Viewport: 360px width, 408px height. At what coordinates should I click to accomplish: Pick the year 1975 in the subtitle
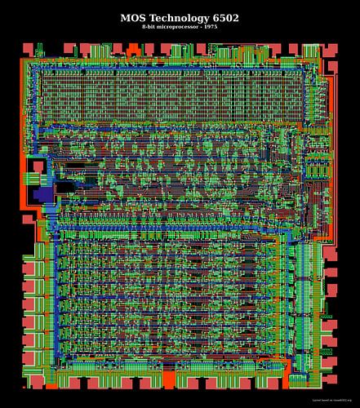[213, 28]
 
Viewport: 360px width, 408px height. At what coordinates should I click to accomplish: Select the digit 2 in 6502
[237, 17]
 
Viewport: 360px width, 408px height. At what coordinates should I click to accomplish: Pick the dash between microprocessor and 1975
[201, 28]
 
